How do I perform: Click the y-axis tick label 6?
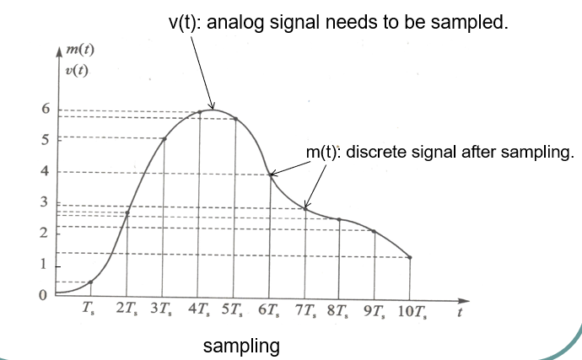pos(46,109)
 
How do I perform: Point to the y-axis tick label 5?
pos(46,139)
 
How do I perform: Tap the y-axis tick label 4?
pos(46,171)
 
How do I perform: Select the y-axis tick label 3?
pos(46,202)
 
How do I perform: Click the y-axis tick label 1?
pos(46,265)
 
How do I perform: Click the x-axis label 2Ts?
pos(127,309)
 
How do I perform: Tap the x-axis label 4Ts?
pos(198,309)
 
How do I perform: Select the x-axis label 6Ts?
pos(270,309)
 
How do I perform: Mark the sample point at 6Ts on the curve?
pos(271,175)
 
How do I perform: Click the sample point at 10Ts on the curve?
pos(410,257)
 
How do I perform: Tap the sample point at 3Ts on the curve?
pos(164,139)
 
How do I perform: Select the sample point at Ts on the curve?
pos(90,282)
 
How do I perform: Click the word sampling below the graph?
pos(241,346)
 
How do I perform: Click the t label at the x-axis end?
pos(459,312)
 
